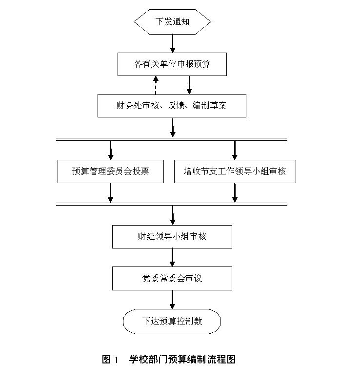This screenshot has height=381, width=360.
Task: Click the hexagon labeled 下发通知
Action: pyautogui.click(x=172, y=21)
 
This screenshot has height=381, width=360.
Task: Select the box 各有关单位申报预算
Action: pyautogui.click(x=172, y=64)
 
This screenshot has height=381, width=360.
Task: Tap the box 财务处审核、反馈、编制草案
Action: pyautogui.click(x=172, y=106)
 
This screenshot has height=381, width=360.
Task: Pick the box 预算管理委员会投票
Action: pyautogui.click(x=111, y=171)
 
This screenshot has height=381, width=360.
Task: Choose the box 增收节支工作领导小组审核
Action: pyautogui.click(x=235, y=171)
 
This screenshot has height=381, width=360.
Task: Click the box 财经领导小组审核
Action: pyautogui.click(x=172, y=237)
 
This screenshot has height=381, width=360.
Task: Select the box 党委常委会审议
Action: pyautogui.click(x=172, y=278)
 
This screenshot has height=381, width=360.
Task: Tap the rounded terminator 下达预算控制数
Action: pyautogui.click(x=172, y=321)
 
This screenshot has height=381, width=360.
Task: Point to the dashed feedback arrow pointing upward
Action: pyautogui.click(x=156, y=85)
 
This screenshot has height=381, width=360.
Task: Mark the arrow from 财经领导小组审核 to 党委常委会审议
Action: pyautogui.click(x=172, y=257)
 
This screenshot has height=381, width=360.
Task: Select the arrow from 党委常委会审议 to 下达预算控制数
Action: pyautogui.click(x=172, y=299)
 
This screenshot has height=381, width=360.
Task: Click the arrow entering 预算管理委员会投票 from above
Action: pyautogui.click(x=111, y=150)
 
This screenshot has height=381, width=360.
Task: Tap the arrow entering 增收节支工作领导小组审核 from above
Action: pyautogui.click(x=235, y=150)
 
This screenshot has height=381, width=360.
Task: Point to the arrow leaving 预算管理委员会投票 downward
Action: pyautogui.click(x=111, y=192)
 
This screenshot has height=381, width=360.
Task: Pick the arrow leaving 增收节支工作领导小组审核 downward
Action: pyautogui.click(x=235, y=192)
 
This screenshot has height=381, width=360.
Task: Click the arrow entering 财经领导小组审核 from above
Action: pyautogui.click(x=172, y=215)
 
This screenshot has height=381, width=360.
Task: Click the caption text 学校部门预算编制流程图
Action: pyautogui.click(x=182, y=360)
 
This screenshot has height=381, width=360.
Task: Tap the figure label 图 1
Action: pyautogui.click(x=110, y=360)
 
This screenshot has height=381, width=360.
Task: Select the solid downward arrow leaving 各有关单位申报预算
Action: pyautogui.click(x=189, y=85)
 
